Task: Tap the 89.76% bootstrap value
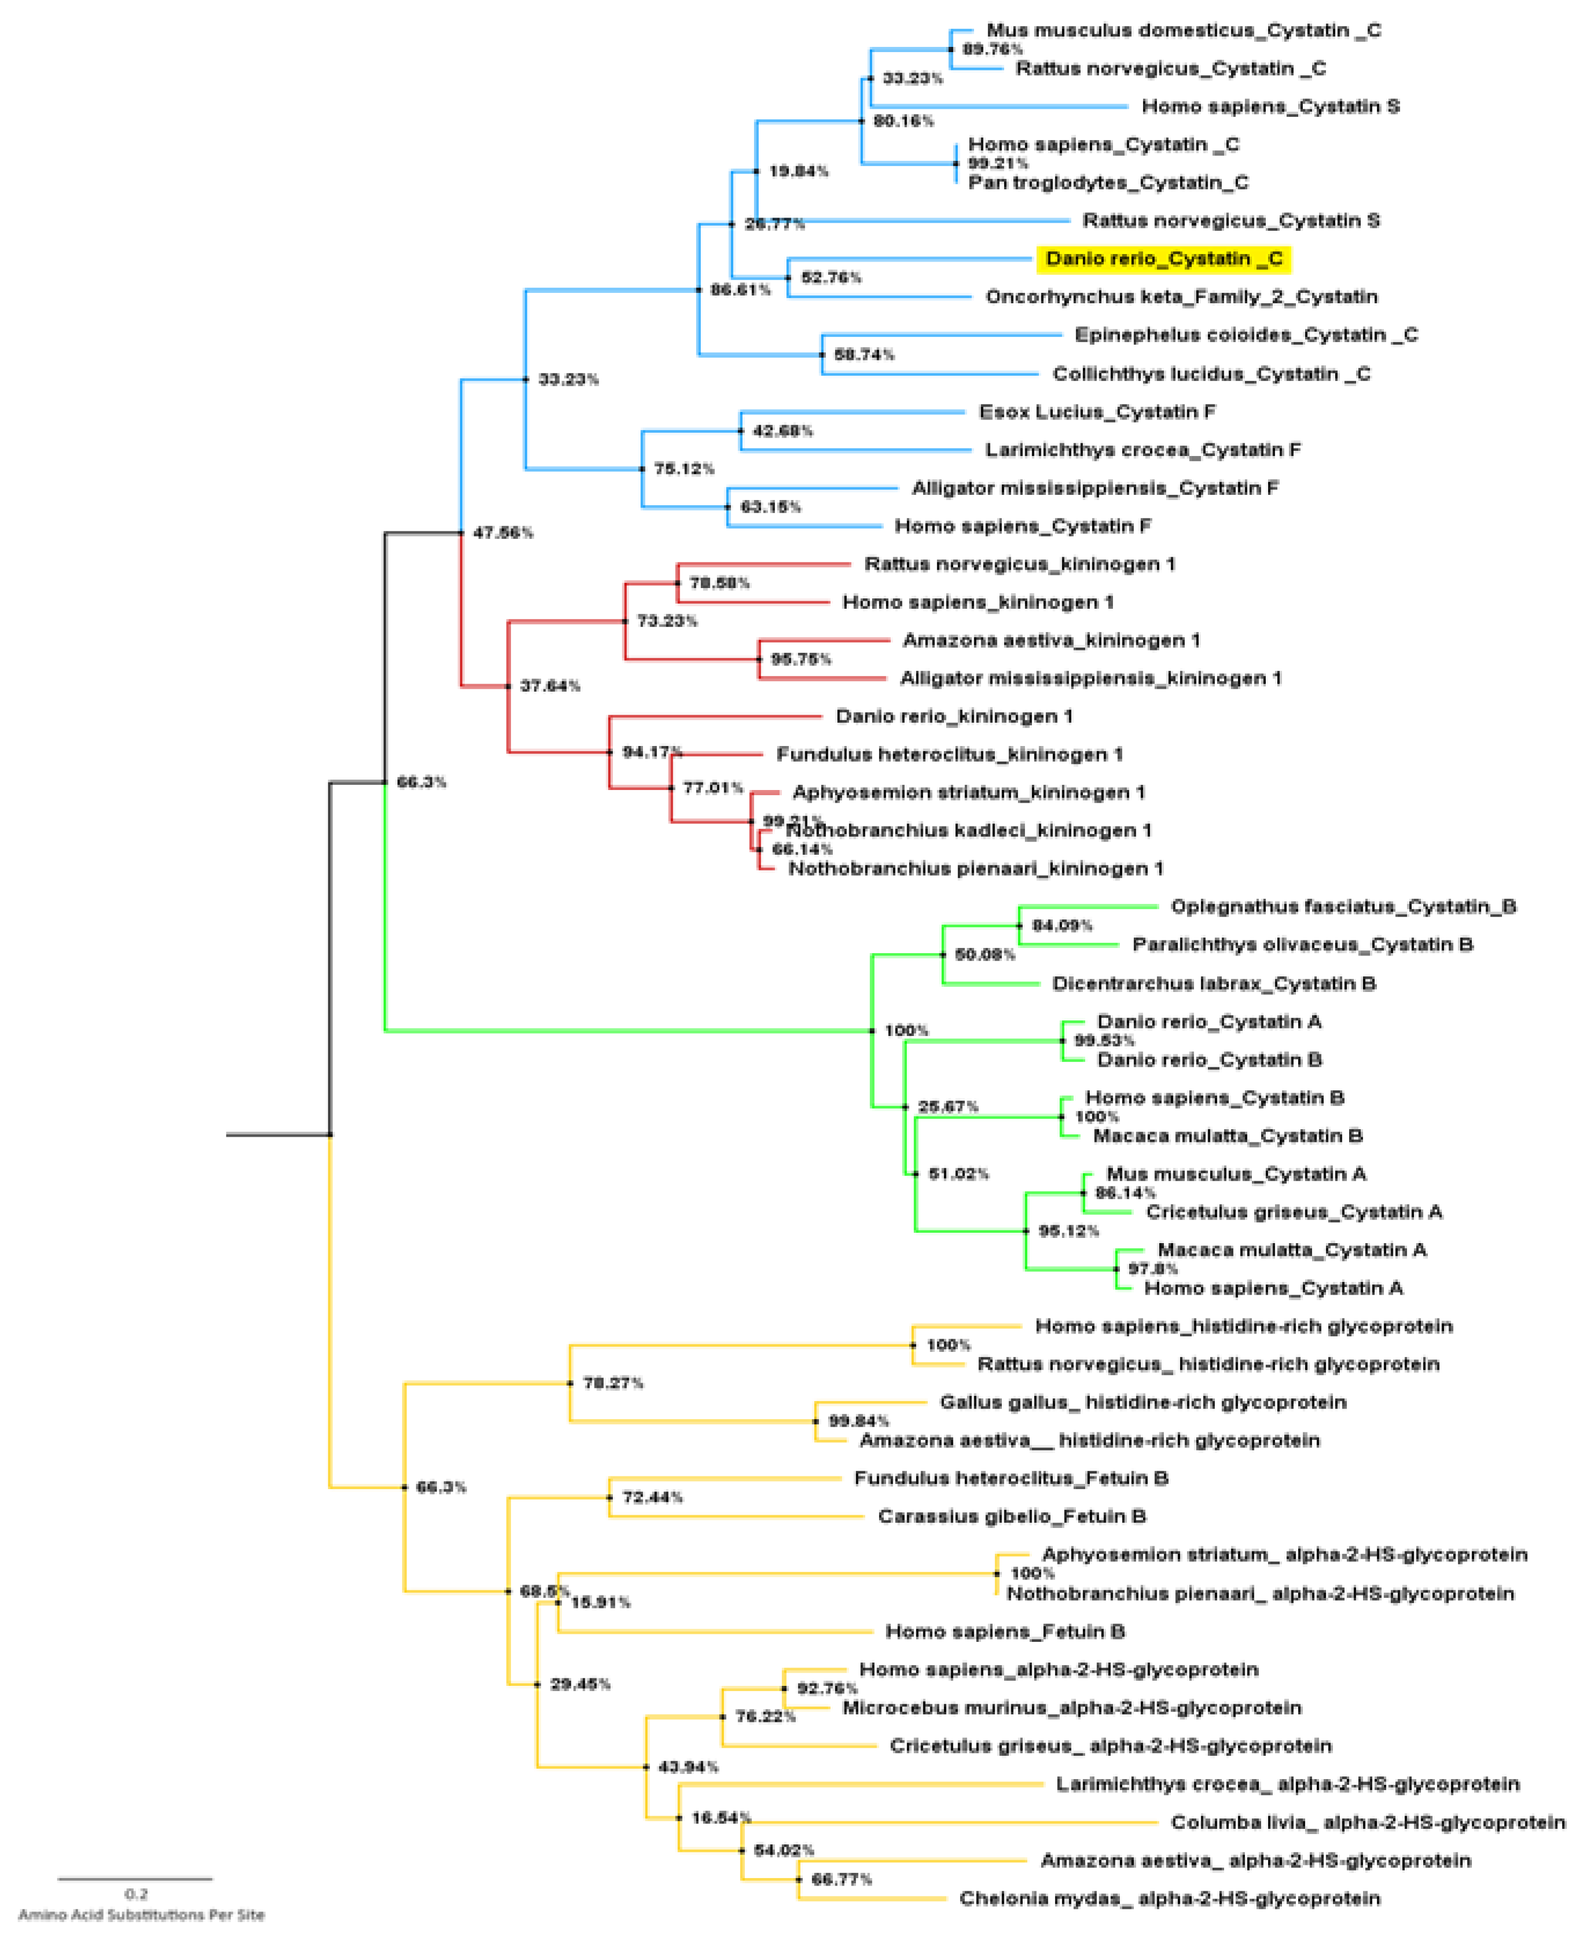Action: click(992, 49)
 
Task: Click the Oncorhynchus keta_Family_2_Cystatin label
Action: click(1181, 297)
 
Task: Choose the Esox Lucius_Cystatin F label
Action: click(1097, 413)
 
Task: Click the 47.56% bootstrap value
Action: click(503, 533)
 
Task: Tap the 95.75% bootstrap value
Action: click(800, 660)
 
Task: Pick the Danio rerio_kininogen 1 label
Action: click(954, 717)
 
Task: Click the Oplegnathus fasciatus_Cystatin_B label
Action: click(1343, 907)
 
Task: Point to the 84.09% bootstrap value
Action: click(1062, 926)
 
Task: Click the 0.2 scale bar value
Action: click(136, 1894)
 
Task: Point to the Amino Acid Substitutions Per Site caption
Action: click(142, 1915)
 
